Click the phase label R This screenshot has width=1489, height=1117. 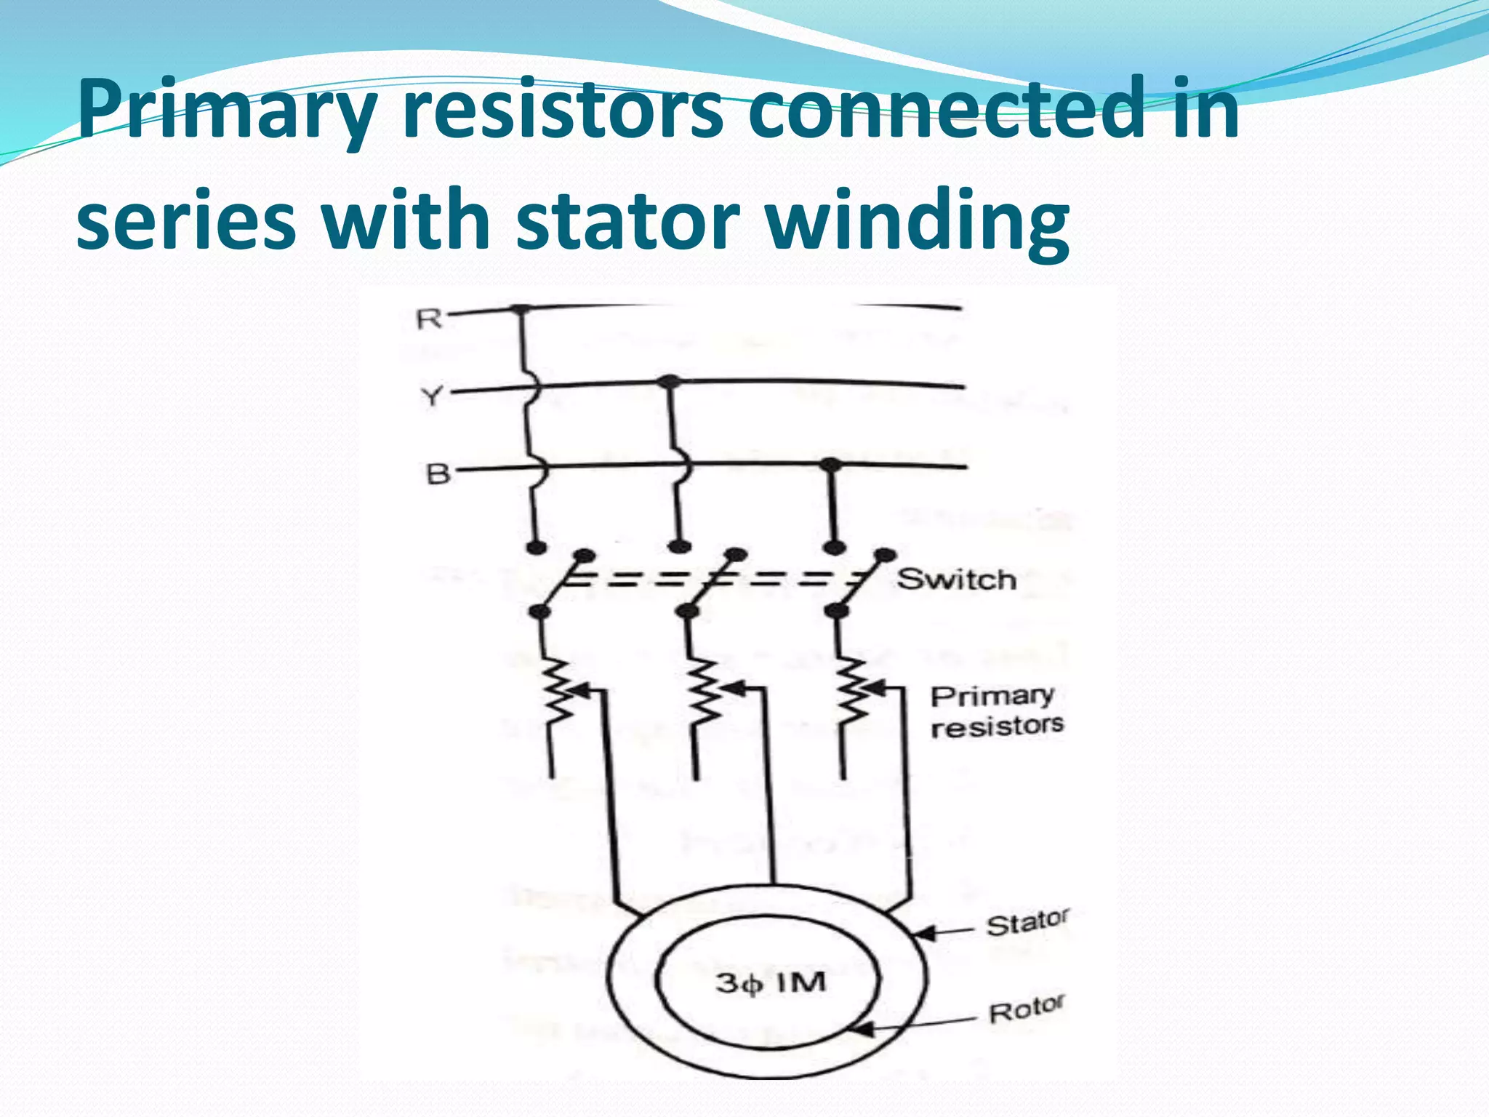[429, 319]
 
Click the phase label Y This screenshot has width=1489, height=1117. [432, 397]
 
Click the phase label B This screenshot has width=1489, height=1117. [438, 474]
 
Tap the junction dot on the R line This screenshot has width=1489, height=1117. [519, 310]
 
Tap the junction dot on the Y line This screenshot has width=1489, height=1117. [670, 381]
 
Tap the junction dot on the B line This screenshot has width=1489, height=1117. [830, 463]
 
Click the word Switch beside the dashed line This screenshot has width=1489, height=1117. [956, 580]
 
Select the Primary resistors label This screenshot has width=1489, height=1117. [995, 711]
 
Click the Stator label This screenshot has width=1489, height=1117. [1027, 923]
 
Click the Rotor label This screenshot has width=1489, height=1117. [1026, 1009]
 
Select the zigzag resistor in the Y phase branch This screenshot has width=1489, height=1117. [704, 691]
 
